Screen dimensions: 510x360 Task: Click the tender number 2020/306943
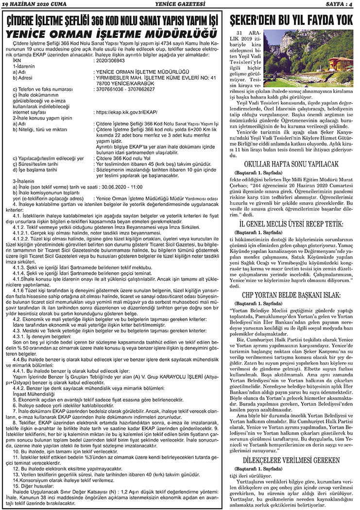pyautogui.click(x=112, y=60)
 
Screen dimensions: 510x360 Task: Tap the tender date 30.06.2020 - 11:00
pyautogui.click(x=120, y=186)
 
